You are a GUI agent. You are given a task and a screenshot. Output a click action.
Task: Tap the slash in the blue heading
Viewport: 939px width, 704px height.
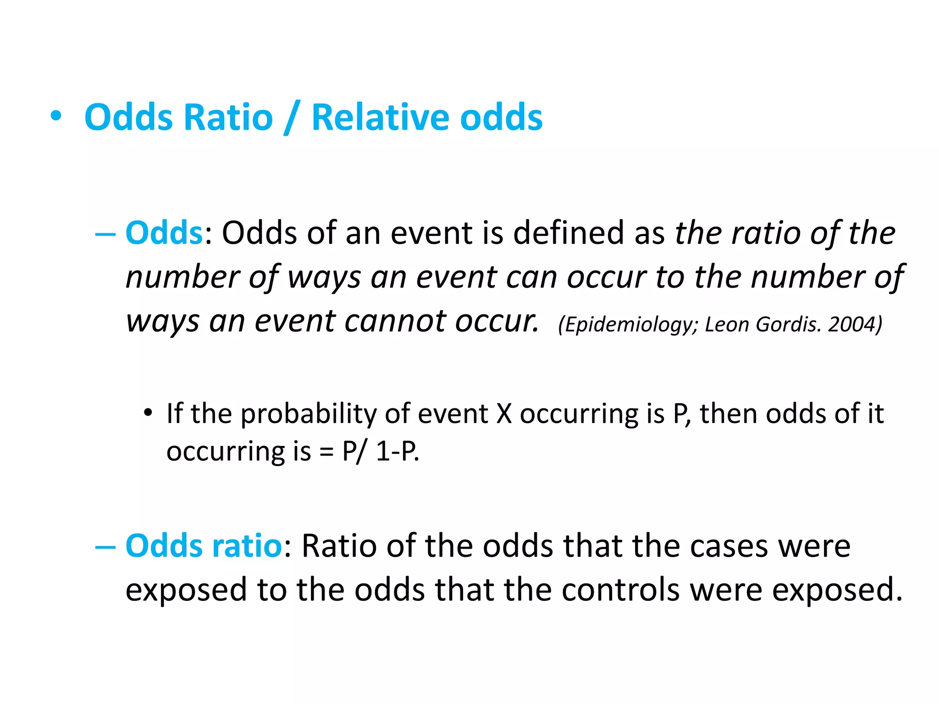pyautogui.click(x=292, y=118)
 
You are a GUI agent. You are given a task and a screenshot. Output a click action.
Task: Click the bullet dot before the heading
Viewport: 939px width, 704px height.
pyautogui.click(x=56, y=116)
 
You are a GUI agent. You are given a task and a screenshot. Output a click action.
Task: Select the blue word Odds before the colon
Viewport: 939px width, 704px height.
pyautogui.click(x=164, y=233)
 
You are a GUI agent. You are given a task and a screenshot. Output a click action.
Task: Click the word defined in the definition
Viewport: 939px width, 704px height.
pyautogui.click(x=569, y=233)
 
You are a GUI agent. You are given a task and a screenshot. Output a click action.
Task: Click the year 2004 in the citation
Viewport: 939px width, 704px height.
pyautogui.click(x=855, y=324)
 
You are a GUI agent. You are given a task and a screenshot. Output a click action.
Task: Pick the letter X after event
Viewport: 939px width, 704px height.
pyautogui.click(x=504, y=414)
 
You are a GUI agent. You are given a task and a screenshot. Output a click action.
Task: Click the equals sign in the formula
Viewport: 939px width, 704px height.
pyautogui.click(x=326, y=452)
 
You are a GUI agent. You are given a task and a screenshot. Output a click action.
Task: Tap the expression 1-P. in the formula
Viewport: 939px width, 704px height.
pyautogui.click(x=397, y=452)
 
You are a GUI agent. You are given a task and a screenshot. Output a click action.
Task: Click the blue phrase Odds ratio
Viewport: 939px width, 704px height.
pyautogui.click(x=204, y=546)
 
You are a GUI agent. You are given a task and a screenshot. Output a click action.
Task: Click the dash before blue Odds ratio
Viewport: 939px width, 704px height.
pyautogui.click(x=105, y=547)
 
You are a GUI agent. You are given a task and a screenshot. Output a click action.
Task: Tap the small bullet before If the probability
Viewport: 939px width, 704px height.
pyautogui.click(x=148, y=413)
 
